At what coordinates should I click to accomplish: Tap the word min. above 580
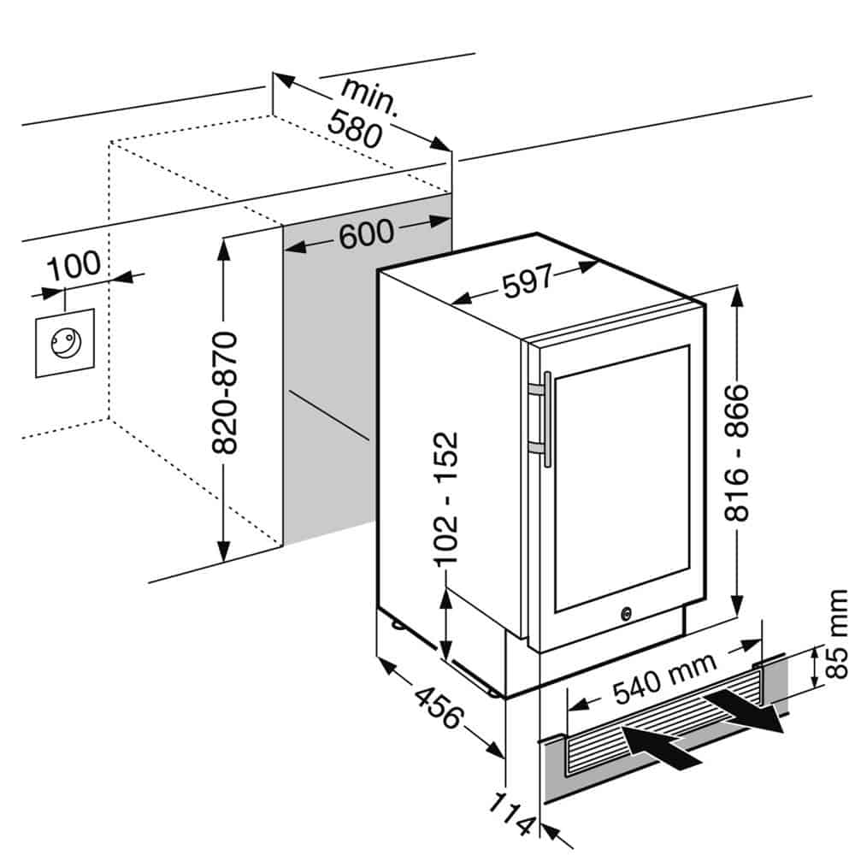point(369,97)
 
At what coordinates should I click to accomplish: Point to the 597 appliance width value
point(526,283)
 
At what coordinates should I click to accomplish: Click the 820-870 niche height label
point(225,392)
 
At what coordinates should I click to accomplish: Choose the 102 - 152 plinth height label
point(446,498)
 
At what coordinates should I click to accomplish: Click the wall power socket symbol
point(64,343)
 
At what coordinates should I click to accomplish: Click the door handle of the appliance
point(545,419)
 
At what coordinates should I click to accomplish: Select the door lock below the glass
point(627,613)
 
